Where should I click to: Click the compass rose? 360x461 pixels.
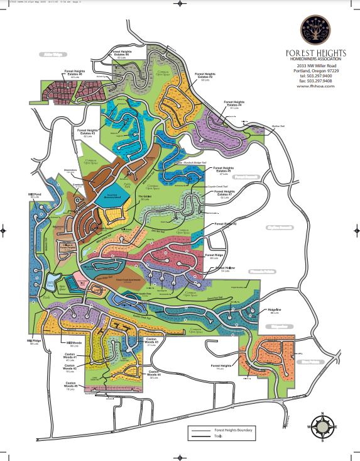322,426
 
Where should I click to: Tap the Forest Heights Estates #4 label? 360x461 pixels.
234,104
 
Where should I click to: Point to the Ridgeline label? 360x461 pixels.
275,311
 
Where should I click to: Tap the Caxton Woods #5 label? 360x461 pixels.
71,384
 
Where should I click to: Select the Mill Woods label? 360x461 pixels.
74,343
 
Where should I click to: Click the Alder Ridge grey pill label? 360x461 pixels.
53,55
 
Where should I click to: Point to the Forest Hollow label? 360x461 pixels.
224,269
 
